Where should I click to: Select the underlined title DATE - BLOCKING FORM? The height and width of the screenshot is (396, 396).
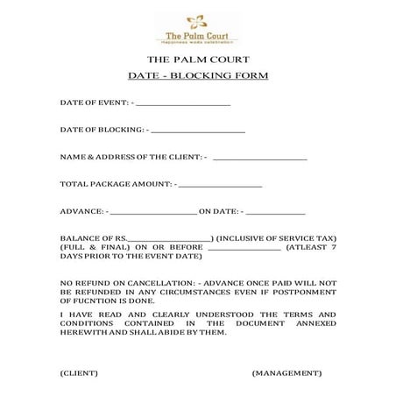point(197,75)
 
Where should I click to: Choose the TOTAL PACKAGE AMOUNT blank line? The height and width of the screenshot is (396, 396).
point(220,185)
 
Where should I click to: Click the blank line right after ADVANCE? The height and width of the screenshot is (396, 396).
point(153,212)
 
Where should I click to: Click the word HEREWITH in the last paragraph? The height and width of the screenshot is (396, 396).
point(83,332)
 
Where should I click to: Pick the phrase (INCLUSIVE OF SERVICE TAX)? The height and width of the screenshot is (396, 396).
point(276,239)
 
